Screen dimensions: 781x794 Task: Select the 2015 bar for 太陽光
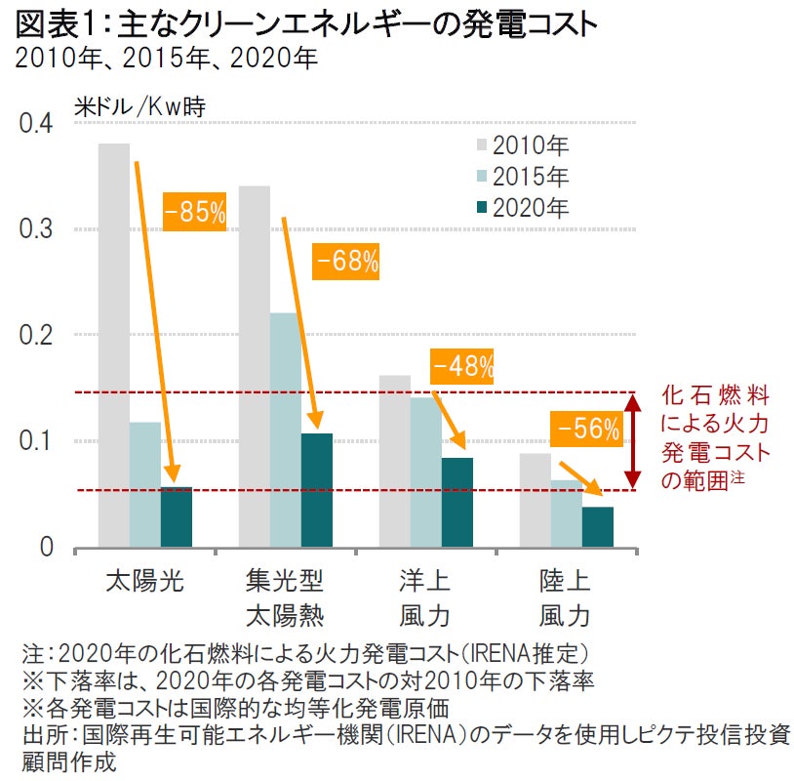click(144, 484)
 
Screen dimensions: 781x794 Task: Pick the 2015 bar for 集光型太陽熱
click(285, 430)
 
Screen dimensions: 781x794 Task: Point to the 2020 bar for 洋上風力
click(457, 502)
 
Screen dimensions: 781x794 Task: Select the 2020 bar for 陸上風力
click(597, 526)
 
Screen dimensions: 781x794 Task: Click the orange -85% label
click(194, 212)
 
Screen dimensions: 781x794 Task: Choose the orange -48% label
click(462, 367)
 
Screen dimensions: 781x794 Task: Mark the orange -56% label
click(587, 427)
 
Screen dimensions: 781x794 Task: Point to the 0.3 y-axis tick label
click(36, 229)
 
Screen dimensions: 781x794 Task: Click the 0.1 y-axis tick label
click(36, 441)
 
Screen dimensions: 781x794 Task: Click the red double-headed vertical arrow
click(633, 440)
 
